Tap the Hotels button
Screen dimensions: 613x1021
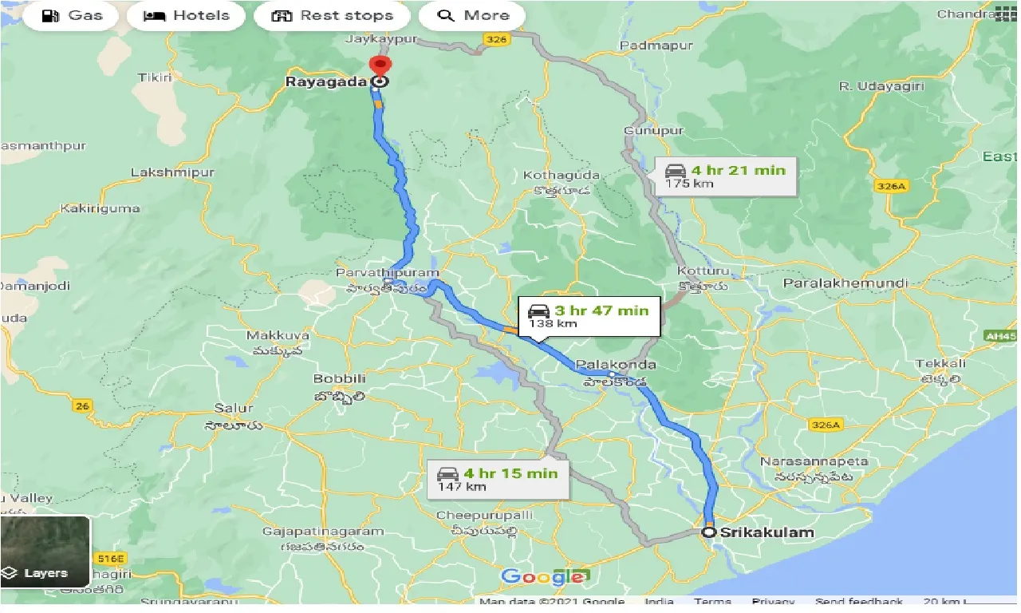pos(186,15)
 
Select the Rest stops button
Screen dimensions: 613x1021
pos(332,15)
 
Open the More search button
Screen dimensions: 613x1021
pos(472,15)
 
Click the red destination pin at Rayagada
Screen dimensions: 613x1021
pos(380,65)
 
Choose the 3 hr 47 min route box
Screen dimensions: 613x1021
pos(589,316)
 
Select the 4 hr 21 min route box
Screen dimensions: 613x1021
pos(726,176)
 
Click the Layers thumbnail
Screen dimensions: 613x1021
pos(45,552)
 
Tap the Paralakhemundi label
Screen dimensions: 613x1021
pos(846,283)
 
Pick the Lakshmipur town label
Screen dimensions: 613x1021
pos(172,172)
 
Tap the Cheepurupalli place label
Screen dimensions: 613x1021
pos(484,515)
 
